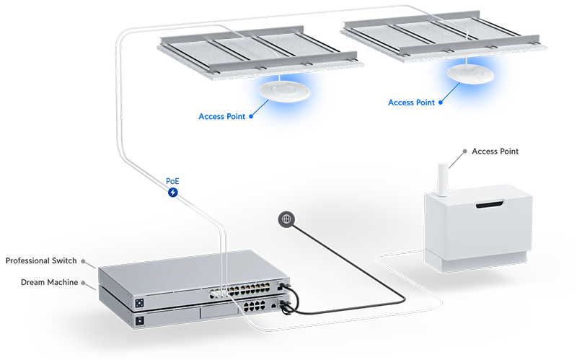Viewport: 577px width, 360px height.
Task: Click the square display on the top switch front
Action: [x=136, y=299]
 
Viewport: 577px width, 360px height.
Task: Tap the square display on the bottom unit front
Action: [x=138, y=318]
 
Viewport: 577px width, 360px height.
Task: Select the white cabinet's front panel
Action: [x=498, y=231]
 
